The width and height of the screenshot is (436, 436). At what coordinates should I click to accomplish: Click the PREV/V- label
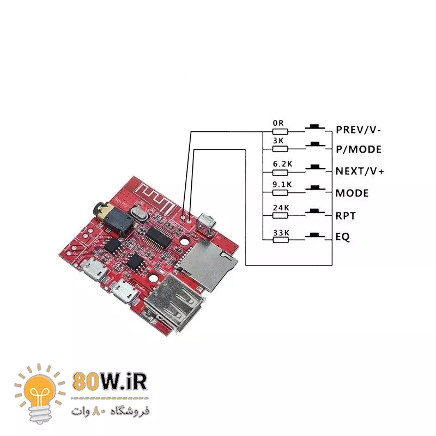tap(358, 130)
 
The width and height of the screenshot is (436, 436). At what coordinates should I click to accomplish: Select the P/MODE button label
tap(358, 149)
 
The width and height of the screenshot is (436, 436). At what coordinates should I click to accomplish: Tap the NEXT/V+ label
tap(360, 171)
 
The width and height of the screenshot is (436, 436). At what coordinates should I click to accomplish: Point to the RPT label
tap(346, 215)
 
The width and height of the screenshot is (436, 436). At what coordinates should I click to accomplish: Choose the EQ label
tap(342, 238)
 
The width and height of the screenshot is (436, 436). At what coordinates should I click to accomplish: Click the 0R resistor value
tap(278, 123)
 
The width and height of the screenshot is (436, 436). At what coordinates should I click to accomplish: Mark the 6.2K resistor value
tap(281, 163)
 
